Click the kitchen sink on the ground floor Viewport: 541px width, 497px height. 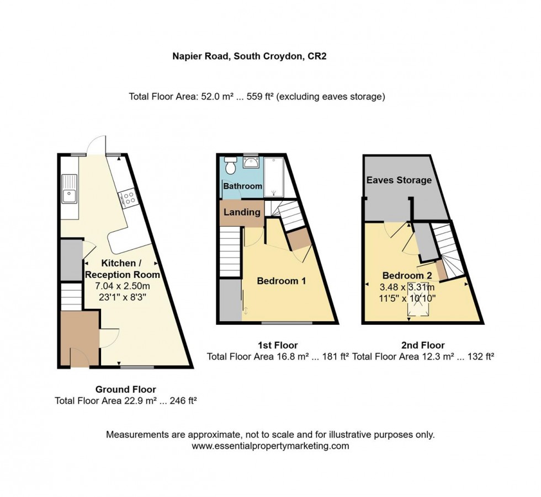70,189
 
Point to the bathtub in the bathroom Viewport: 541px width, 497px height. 273,177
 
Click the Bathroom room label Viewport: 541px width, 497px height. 242,186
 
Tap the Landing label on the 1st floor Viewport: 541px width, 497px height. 242,212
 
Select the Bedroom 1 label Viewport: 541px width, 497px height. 282,281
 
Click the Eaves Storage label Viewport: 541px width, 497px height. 399,180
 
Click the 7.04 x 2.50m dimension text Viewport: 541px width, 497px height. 122,286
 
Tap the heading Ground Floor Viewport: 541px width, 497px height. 126,389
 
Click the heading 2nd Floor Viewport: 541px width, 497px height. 422,345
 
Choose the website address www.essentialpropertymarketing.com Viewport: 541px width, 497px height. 270,446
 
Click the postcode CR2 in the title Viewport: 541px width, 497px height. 316,56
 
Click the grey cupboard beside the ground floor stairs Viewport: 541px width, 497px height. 71,260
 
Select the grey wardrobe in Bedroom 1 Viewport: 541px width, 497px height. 230,300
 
